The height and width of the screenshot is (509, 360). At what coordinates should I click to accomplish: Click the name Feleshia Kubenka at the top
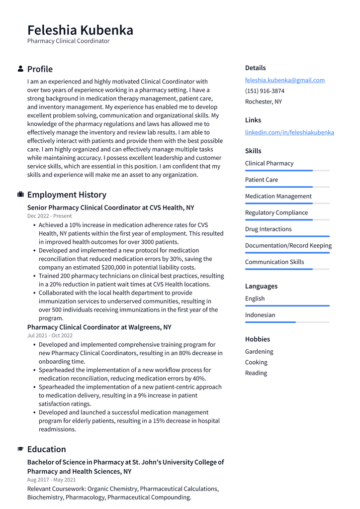tap(80, 30)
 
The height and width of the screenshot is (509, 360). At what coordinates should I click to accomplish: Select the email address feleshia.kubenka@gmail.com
tap(284, 80)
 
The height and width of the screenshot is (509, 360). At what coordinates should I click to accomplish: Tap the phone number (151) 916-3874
tap(265, 91)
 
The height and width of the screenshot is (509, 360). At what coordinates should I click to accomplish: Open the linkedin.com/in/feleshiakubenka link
tap(289, 132)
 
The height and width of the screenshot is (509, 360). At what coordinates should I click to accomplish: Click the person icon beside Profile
tap(20, 69)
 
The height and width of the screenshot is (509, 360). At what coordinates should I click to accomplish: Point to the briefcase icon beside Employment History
tap(20, 195)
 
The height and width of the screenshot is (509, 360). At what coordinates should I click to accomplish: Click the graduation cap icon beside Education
tap(20, 449)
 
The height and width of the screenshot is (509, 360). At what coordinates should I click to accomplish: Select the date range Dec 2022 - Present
tap(49, 216)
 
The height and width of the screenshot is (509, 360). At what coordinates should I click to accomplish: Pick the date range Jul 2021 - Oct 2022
tap(50, 336)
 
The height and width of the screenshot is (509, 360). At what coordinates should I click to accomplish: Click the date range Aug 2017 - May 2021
tap(51, 480)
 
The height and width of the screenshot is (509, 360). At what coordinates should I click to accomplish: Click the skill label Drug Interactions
tap(268, 229)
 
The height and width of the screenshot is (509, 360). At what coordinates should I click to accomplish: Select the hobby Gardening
tap(259, 351)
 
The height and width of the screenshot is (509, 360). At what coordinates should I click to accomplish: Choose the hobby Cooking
tap(256, 362)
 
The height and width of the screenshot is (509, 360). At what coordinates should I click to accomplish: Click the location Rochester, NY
tap(263, 102)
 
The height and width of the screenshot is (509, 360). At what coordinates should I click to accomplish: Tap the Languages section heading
tap(261, 286)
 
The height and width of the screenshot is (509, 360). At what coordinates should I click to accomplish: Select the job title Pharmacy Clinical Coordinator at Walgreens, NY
tap(99, 327)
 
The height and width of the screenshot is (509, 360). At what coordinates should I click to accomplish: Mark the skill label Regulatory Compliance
tap(276, 212)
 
